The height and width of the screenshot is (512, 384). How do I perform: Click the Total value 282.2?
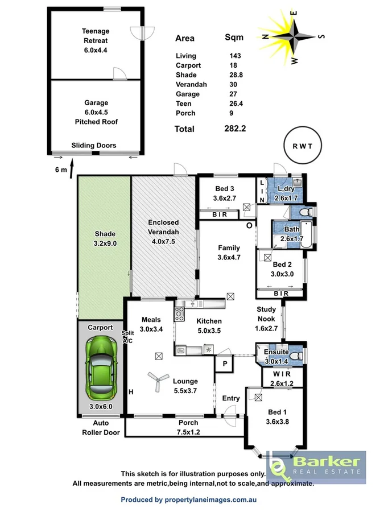[x=235, y=129]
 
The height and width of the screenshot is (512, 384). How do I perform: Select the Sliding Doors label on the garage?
[x=94, y=146]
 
